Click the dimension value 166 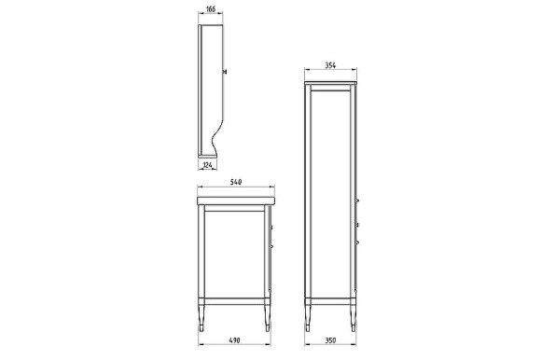[x=212, y=8]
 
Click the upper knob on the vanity [x=271, y=226]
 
